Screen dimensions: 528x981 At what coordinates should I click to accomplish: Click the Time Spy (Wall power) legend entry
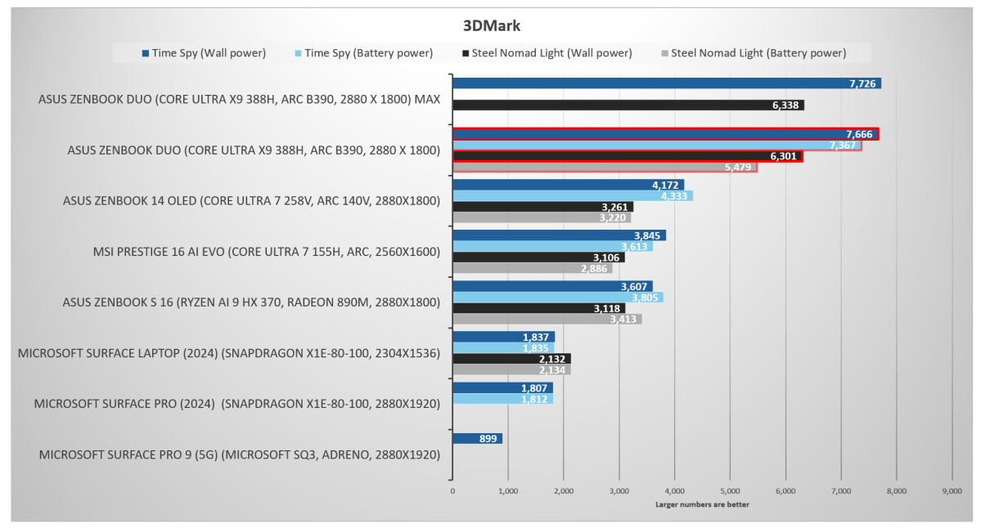point(204,53)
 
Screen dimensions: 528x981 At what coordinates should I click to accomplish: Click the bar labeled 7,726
point(666,83)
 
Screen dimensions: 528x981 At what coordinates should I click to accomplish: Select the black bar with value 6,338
point(628,105)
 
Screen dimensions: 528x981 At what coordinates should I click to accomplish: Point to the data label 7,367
point(843,145)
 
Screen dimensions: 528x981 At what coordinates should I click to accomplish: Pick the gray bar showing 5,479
point(605,167)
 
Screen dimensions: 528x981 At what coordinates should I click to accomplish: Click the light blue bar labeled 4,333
point(572,196)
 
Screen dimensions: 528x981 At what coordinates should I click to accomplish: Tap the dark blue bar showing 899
point(477,439)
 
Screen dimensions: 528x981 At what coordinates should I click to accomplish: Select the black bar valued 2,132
point(511,359)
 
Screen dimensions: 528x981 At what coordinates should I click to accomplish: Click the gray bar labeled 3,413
point(547,319)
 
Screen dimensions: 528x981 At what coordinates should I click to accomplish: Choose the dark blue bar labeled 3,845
point(559,235)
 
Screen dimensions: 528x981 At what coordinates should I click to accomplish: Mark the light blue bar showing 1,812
point(502,399)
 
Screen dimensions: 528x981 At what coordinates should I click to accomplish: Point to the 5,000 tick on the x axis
point(730,491)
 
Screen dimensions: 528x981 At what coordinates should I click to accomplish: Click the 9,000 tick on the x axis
point(952,491)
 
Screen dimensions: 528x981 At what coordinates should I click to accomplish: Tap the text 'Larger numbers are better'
point(702,503)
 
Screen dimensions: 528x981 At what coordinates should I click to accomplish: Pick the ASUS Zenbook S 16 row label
point(251,302)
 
